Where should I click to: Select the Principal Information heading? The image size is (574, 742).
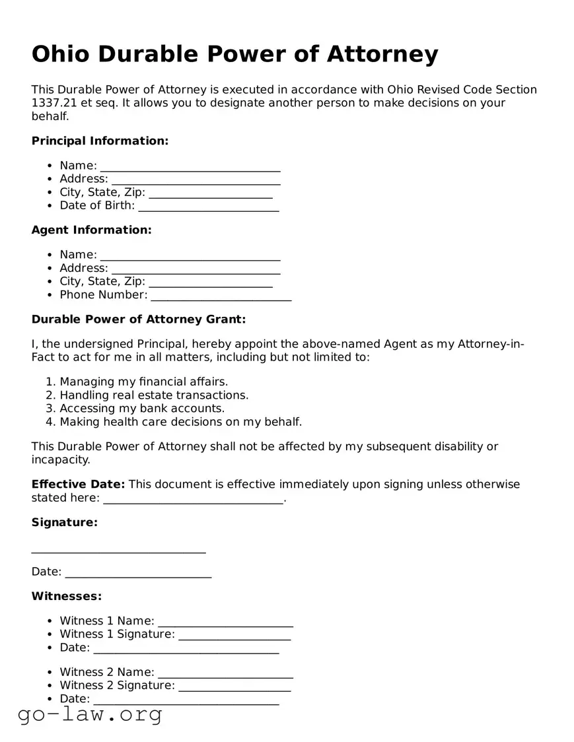[x=100, y=141]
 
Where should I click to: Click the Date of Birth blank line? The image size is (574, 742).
[x=208, y=207]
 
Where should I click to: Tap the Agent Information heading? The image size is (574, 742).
[x=91, y=230]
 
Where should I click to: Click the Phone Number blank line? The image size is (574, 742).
[x=221, y=296]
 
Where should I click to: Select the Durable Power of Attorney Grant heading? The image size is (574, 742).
[x=139, y=320]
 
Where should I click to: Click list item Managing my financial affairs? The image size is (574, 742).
[x=143, y=382]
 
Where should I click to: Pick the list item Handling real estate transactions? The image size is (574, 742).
[x=154, y=395]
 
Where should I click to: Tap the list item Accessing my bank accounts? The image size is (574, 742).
[x=142, y=409]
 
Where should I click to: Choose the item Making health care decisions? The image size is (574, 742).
[x=180, y=422]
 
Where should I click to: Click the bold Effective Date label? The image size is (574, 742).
[x=78, y=485]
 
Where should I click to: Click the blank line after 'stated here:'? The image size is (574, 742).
[x=193, y=499]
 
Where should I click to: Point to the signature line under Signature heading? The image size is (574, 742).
[x=119, y=549]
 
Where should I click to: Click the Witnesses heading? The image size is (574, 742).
[x=67, y=596]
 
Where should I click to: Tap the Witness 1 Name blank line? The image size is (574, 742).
[x=225, y=622]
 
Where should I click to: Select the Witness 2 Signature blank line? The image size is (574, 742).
[x=234, y=687]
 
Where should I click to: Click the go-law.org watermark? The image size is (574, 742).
[x=90, y=714]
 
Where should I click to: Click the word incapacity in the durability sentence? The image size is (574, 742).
[x=60, y=460]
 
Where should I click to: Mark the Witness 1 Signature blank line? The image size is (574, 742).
[x=234, y=635]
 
